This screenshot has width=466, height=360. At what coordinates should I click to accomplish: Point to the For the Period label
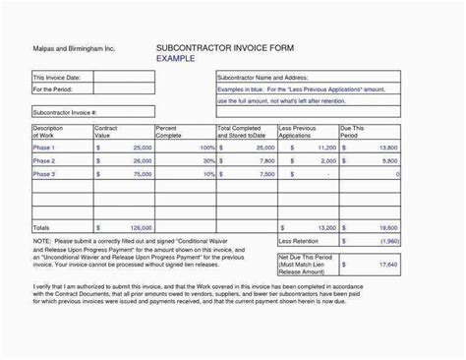click(x=54, y=89)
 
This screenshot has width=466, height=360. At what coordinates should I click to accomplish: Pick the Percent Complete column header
click(x=170, y=133)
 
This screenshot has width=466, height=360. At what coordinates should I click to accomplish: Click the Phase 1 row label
click(x=44, y=146)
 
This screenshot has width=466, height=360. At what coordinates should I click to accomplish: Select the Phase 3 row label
click(x=44, y=173)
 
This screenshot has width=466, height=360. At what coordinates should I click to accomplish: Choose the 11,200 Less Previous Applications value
click(x=321, y=146)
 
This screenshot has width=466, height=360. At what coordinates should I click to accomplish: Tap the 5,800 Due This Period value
click(x=388, y=159)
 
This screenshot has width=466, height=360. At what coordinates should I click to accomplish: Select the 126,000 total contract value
click(x=137, y=226)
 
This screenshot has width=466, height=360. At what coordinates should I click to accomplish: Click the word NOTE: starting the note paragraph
click(x=41, y=239)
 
